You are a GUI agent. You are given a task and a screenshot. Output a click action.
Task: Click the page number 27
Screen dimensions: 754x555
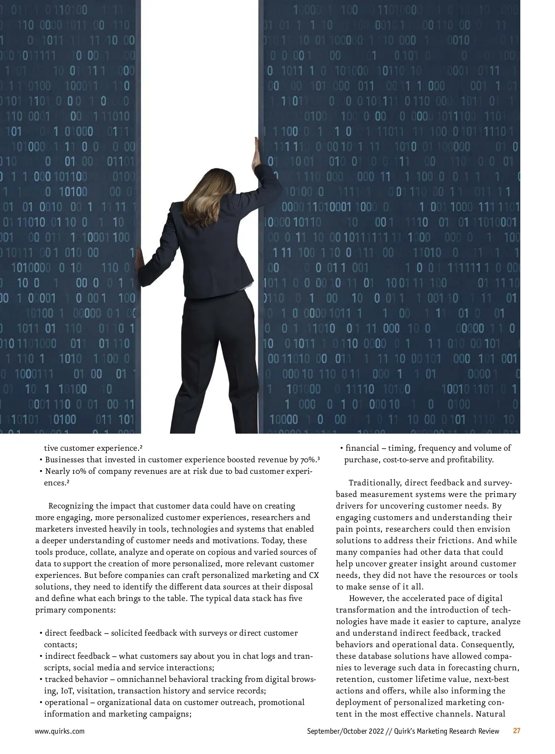[x=517, y=731]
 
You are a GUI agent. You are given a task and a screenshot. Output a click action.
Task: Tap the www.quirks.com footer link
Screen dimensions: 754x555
[x=60, y=731]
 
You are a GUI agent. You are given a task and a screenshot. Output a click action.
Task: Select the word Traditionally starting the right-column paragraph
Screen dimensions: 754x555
[x=375, y=483]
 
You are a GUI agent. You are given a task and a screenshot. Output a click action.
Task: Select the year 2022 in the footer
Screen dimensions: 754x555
[x=376, y=731]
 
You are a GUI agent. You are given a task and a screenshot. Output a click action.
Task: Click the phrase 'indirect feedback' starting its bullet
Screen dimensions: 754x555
[x=77, y=656]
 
